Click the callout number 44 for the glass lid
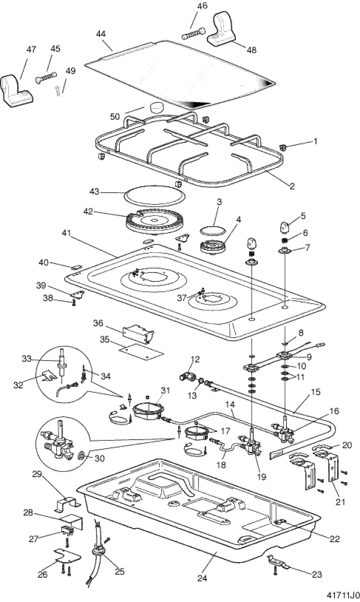(x=101, y=34)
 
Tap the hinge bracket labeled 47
(x=16, y=91)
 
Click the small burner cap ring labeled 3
(x=212, y=230)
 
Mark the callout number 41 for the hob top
(x=67, y=233)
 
